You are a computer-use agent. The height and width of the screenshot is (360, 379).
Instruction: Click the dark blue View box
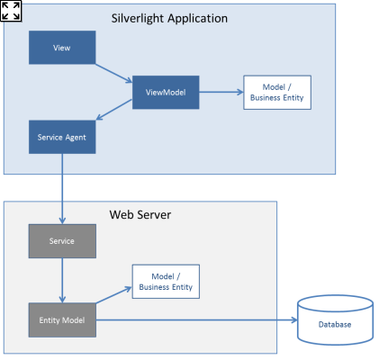pos(62,48)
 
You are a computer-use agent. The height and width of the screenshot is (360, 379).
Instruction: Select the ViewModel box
pos(166,93)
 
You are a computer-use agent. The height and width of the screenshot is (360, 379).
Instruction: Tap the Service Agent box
pos(62,137)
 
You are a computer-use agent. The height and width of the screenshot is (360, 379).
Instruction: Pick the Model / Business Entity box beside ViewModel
pos(277,93)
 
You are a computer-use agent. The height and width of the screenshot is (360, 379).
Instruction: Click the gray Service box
pos(62,241)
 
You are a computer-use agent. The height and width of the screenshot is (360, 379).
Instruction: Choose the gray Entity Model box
pos(62,320)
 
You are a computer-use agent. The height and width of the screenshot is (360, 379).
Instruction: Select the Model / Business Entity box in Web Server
pos(166,282)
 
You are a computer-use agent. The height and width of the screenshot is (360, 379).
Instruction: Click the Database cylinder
pos(335,320)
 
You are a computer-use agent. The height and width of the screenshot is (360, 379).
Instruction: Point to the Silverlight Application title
pos(169,19)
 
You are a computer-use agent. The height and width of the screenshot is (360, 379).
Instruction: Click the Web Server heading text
pos(140,215)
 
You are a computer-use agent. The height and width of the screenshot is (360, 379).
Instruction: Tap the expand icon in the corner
pos(11,11)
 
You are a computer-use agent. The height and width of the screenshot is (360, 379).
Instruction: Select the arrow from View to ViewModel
pos(113,73)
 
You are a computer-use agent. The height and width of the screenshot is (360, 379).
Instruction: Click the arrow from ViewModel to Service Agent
pos(114,110)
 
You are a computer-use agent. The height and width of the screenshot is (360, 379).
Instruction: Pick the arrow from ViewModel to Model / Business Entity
pos(221,92)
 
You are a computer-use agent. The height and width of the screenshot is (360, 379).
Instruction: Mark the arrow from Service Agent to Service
pos(62,189)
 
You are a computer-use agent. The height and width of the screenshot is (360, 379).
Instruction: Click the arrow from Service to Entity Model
pos(62,281)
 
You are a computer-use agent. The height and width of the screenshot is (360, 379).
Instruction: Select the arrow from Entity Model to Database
pos(197,320)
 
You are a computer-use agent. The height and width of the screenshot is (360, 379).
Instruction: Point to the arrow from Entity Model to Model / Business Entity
pos(114,295)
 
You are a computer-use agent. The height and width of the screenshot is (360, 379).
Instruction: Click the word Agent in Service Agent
pos(76,138)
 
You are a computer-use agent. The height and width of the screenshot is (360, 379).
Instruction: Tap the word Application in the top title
pos(197,19)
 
